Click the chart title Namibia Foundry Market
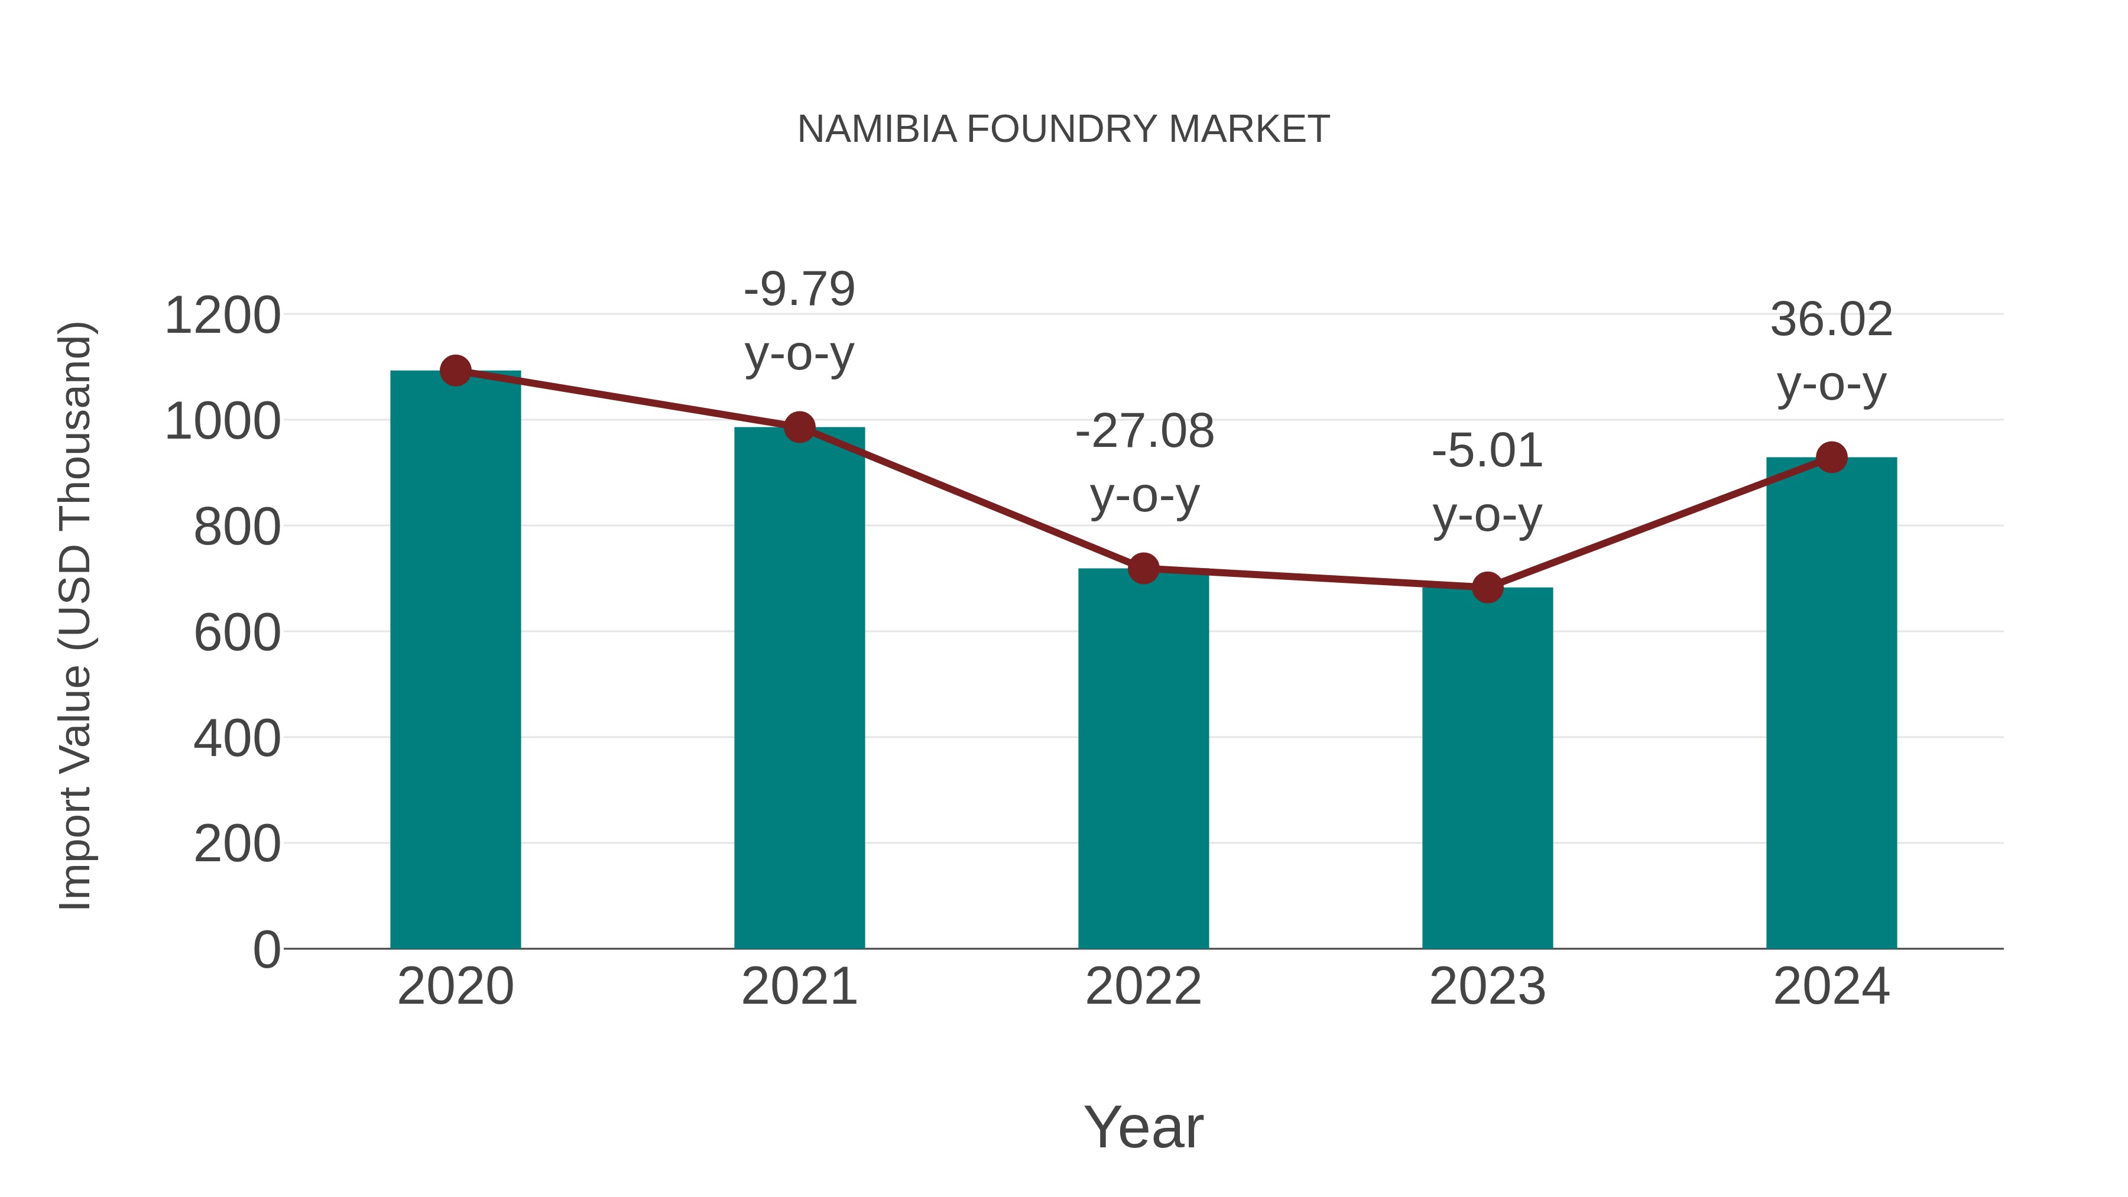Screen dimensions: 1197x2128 (x=1063, y=129)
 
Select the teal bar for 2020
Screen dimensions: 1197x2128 (x=455, y=661)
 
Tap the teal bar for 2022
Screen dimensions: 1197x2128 (x=1143, y=760)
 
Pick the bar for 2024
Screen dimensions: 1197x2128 (x=1831, y=702)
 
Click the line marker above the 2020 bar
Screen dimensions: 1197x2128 (x=455, y=371)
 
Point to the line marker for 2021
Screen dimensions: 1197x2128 (x=799, y=427)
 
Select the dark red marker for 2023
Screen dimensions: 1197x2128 (x=1487, y=588)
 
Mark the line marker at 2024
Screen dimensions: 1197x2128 (x=1831, y=457)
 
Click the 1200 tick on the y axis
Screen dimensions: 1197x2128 (x=222, y=316)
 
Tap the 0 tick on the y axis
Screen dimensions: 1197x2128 (x=266, y=950)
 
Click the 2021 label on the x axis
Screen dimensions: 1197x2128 (x=799, y=987)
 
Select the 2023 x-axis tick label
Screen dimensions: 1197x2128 (x=1487, y=987)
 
